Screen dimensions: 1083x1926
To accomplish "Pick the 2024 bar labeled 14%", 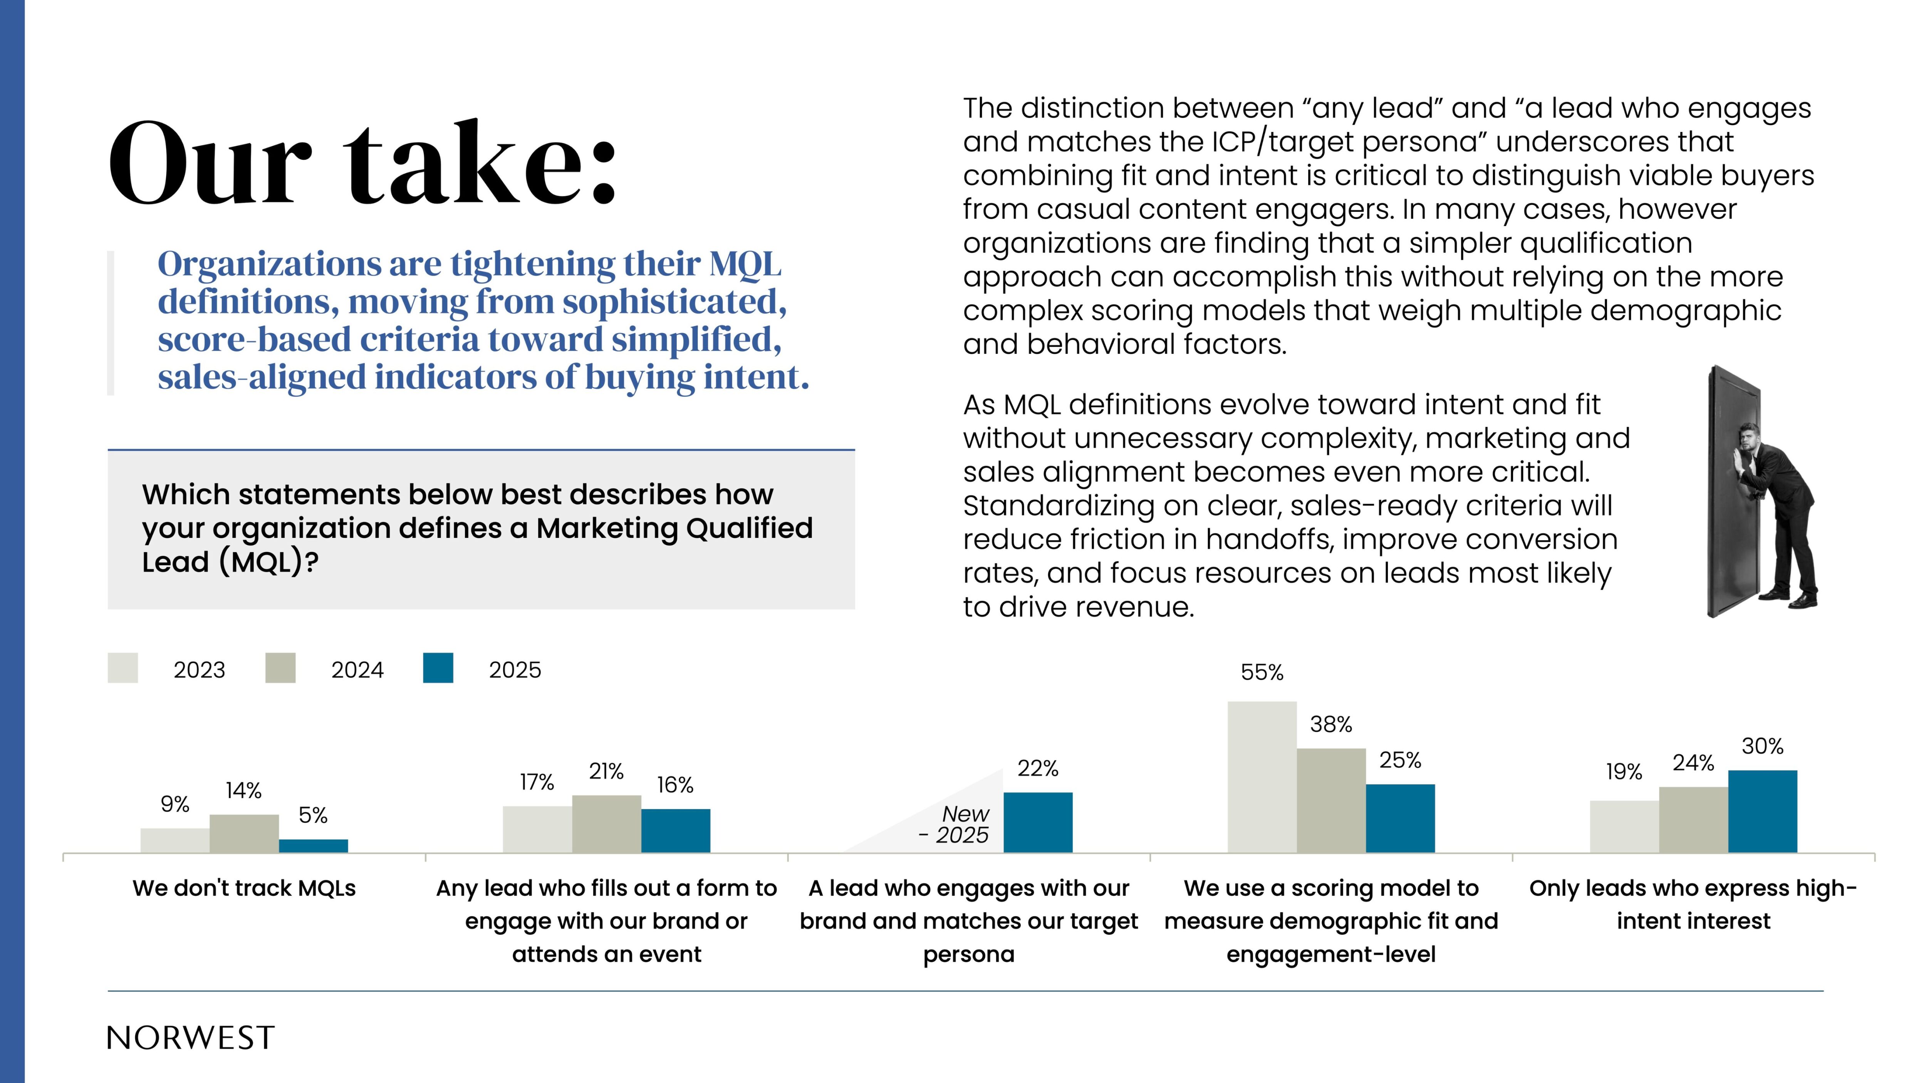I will pos(244,834).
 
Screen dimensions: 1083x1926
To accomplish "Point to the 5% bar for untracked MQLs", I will pos(313,845).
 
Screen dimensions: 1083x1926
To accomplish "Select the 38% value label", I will pos(1331,724).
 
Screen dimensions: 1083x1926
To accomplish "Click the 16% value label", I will pos(675,785).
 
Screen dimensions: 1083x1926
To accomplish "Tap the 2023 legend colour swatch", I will pos(122,668).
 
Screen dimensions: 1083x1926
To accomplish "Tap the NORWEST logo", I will pos(191,1038).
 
